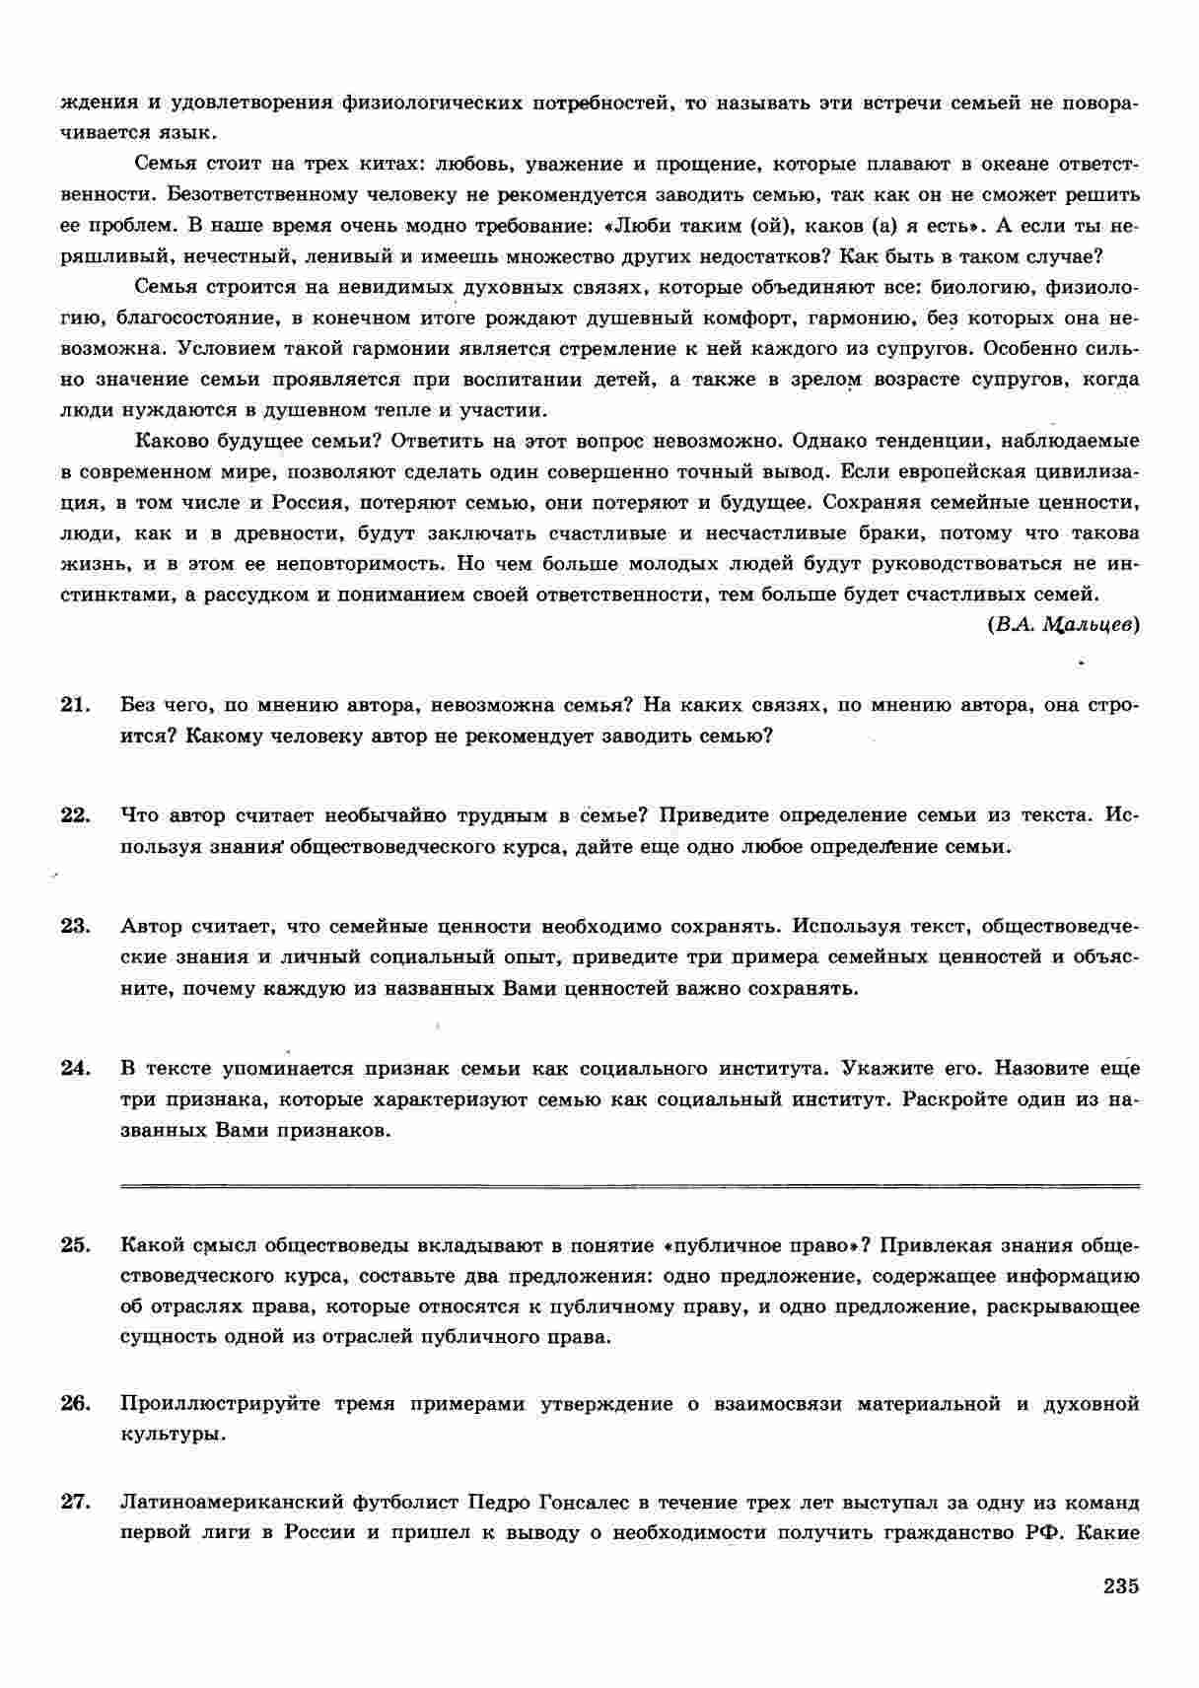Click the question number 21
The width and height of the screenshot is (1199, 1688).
tap(75, 705)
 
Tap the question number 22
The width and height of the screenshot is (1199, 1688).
tap(75, 815)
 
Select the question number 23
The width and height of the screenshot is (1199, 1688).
tap(75, 926)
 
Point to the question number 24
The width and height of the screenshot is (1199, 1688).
tap(75, 1068)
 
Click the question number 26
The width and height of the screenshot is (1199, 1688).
tap(75, 1403)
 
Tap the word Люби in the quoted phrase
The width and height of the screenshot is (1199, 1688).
tap(641, 226)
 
